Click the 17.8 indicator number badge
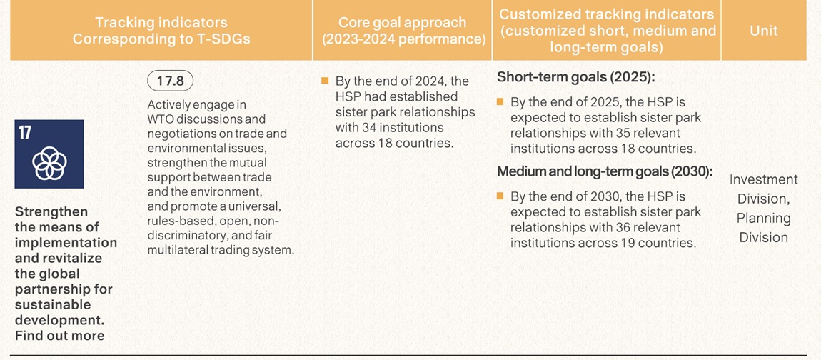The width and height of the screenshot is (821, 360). (x=171, y=81)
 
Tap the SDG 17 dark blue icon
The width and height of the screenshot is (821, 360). (x=49, y=154)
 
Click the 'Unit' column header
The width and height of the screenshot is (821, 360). (x=763, y=31)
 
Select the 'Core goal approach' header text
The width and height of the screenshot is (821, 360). (x=402, y=23)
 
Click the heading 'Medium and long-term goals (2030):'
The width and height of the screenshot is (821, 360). (x=605, y=171)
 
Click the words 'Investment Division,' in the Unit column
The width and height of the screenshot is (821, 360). (x=763, y=189)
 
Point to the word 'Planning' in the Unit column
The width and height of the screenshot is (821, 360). (x=763, y=218)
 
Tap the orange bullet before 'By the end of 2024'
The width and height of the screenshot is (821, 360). (x=325, y=81)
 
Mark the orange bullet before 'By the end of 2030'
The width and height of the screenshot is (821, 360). (x=500, y=196)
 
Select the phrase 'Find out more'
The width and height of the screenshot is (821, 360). (x=60, y=336)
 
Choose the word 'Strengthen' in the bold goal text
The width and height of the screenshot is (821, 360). (x=51, y=211)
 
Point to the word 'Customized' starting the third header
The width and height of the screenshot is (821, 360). (x=538, y=14)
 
